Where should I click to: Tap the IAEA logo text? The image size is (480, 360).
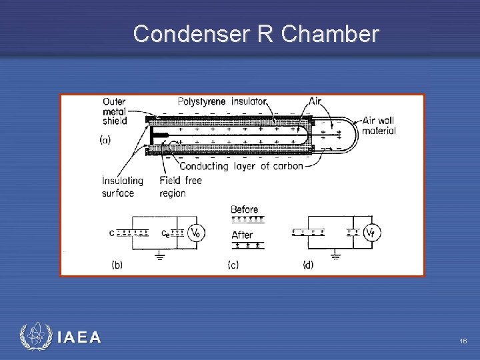[x=79, y=338]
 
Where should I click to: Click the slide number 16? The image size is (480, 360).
[x=463, y=341]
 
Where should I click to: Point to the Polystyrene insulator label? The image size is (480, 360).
[x=222, y=101]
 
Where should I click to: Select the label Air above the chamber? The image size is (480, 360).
[x=315, y=101]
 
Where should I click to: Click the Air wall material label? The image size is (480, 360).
[x=379, y=125]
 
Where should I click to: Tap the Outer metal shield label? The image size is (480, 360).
[x=115, y=111]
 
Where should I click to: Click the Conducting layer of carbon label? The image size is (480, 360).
[x=241, y=166]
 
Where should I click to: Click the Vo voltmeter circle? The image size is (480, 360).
[x=195, y=233]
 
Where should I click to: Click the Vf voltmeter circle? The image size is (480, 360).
[x=372, y=232]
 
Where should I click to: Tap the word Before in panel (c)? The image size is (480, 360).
[x=244, y=209]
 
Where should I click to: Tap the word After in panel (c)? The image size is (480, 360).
[x=242, y=235]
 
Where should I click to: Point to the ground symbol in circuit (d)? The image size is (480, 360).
[x=336, y=255]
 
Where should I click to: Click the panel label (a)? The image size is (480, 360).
[x=105, y=141]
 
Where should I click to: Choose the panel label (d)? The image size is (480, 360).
[x=308, y=265]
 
